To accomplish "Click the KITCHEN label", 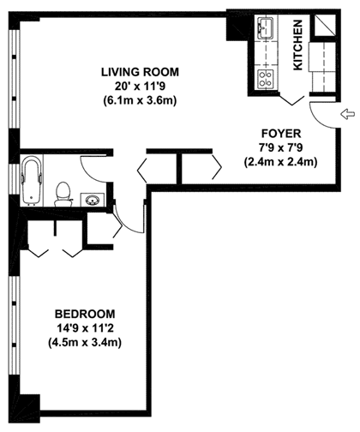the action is point(297,45).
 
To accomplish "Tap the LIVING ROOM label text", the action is point(140,72).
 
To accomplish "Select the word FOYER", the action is point(281,134).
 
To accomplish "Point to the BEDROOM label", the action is point(85,314).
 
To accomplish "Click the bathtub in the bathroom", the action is point(32,182).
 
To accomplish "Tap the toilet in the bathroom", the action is point(63,195).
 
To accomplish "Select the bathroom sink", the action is point(93,200).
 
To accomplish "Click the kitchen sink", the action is point(266,27).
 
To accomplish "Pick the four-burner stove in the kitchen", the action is point(266,79).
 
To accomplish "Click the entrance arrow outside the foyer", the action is point(347,115).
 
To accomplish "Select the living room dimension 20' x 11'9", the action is point(140,86).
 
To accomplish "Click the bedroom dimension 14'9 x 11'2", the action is point(85,328).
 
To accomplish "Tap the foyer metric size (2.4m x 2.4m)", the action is point(281,162).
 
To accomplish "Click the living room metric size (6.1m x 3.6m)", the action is point(140,100).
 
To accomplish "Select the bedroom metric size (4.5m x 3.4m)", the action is point(85,342).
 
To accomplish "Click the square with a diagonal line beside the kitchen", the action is point(325,26).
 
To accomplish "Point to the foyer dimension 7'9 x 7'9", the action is point(281,147).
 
